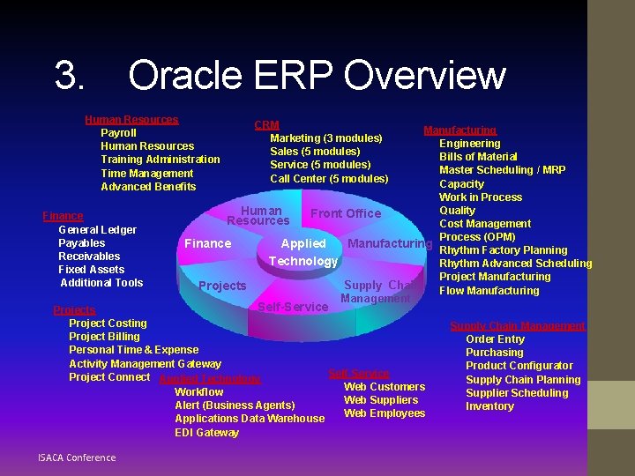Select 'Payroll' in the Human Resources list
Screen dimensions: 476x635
(x=118, y=133)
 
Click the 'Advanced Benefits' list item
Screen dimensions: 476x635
(x=148, y=187)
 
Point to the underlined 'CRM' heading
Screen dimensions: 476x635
(x=266, y=126)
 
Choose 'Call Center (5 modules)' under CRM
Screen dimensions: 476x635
(x=329, y=179)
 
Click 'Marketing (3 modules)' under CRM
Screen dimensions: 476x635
(x=325, y=138)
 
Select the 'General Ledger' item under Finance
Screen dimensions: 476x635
(x=97, y=230)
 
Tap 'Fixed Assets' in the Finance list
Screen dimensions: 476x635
(x=91, y=270)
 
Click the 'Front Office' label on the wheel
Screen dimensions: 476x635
(x=346, y=213)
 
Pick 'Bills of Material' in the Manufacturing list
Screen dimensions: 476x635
(x=478, y=157)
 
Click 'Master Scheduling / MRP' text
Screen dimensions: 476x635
(x=502, y=170)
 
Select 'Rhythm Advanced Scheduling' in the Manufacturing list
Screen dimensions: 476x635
(x=515, y=264)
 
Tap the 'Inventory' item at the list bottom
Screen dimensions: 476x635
(x=489, y=406)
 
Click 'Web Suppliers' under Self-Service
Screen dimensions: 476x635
(x=381, y=400)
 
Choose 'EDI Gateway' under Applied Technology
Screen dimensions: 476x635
(x=206, y=433)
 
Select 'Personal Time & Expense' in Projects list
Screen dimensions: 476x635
(x=133, y=350)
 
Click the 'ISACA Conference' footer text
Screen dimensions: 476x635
(x=77, y=457)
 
